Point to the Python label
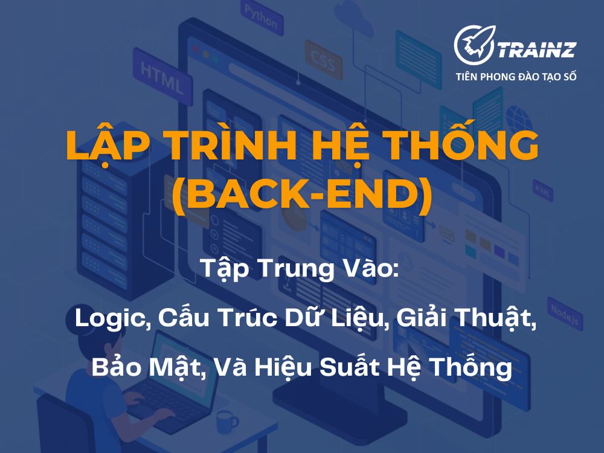(261, 16)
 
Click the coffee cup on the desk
(225, 421)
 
